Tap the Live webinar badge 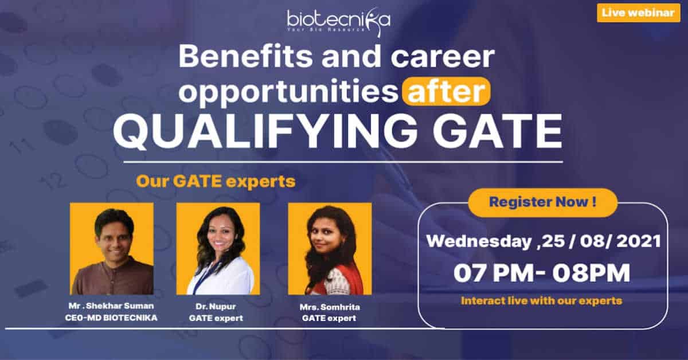[x=639, y=13]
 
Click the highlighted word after [x=446, y=92]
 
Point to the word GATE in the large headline [x=498, y=131]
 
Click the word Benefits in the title [x=246, y=57]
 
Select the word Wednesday [x=479, y=241]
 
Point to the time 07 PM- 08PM [x=542, y=273]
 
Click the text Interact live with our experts [x=541, y=301]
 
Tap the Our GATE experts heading [x=216, y=182]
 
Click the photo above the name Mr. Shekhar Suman [x=112, y=248]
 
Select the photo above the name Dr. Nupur [x=218, y=248]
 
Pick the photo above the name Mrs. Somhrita [x=330, y=248]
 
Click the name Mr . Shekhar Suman [x=111, y=306]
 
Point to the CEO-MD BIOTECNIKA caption [x=111, y=318]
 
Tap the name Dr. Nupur [x=216, y=307]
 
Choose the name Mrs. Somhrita [x=330, y=307]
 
